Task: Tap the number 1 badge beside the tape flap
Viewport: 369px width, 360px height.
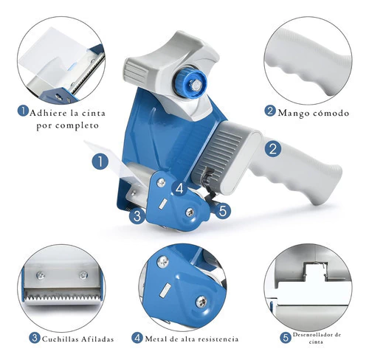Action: coord(100,162)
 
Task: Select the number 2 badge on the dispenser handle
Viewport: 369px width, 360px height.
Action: coord(273,149)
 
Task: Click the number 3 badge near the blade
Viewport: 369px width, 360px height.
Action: coord(137,216)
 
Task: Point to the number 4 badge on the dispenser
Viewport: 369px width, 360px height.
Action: coord(180,189)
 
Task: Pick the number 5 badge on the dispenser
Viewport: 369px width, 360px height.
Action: coord(223,210)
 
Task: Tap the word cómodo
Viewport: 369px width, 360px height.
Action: coord(331,113)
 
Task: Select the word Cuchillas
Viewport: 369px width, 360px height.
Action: coord(61,339)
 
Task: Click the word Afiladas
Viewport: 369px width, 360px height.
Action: coord(97,339)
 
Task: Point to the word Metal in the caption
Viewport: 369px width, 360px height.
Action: coord(154,339)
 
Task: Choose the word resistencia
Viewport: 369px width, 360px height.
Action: coord(218,339)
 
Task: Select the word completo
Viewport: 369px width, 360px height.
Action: coord(77,126)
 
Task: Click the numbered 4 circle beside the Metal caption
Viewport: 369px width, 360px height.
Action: coord(137,338)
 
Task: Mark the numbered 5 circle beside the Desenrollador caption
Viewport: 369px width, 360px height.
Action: coord(286,337)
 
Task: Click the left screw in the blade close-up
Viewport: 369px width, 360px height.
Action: coord(41,276)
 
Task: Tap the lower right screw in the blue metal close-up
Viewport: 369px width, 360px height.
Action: coord(201,302)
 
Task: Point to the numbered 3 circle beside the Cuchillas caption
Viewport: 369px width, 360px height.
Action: coord(35,338)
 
